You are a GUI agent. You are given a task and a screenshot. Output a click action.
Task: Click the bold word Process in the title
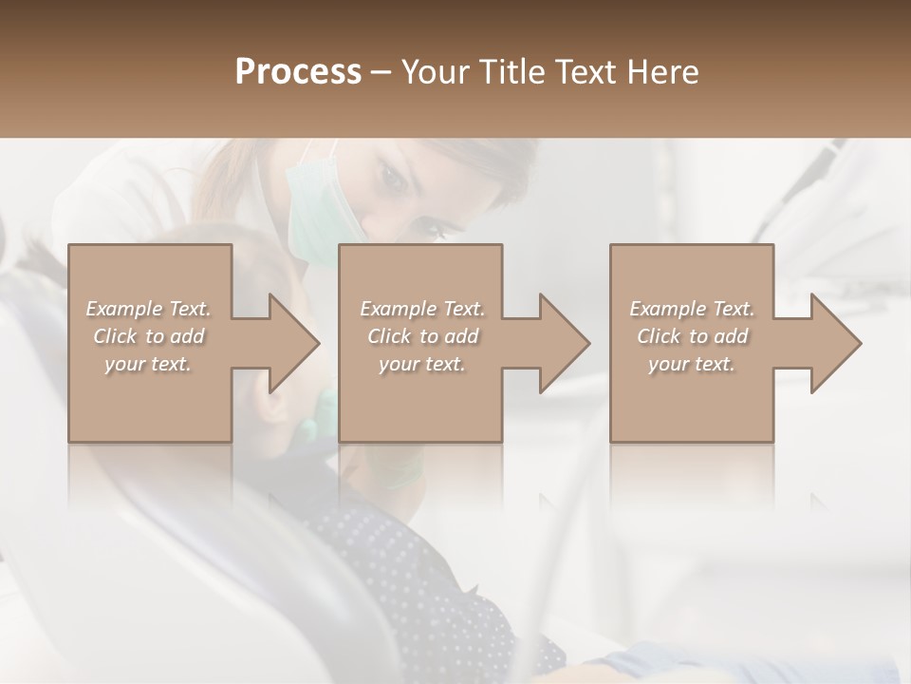[298, 72]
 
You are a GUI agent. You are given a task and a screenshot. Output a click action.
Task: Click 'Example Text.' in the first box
[148, 309]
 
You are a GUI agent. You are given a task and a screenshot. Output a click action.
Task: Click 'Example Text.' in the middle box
[421, 309]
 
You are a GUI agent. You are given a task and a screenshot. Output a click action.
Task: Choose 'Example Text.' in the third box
[692, 309]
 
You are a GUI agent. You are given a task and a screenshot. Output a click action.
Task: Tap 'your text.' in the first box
[148, 364]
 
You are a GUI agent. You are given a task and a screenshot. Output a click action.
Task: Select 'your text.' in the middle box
[421, 364]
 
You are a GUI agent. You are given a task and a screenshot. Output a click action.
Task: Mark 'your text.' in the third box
[692, 364]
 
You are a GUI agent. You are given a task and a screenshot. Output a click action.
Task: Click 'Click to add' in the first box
[148, 336]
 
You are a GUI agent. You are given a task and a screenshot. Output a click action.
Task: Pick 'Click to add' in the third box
[692, 336]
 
